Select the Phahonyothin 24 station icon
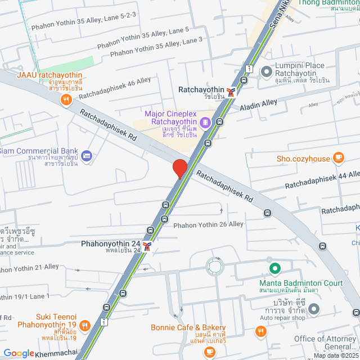pyautogui.click(x=147, y=246)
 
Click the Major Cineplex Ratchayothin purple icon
pyautogui.click(x=206, y=121)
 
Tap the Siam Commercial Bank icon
pyautogui.click(x=86, y=156)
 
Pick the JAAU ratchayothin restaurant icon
pyautogui.click(x=66, y=100)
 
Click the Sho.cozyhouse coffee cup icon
pyautogui.click(x=338, y=157)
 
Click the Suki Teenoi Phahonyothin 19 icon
pyautogui.click(x=84, y=325)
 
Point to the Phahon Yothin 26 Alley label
pyautogui.click(x=208, y=224)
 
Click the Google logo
pyautogui.click(x=19, y=353)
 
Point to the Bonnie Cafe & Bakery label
pyautogui.click(x=188, y=328)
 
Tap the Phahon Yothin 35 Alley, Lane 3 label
pyautogui.click(x=156, y=47)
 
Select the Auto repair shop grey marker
pyautogui.click(x=313, y=309)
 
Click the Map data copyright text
pyautogui.click(x=336, y=355)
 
